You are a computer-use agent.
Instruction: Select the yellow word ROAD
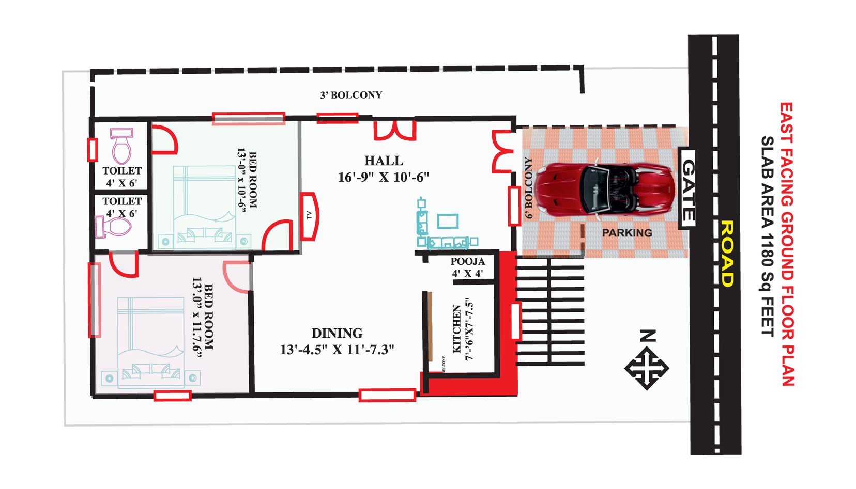tap(726, 254)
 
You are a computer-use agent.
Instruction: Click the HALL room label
tap(384, 161)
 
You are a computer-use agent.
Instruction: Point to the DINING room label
tap(337, 333)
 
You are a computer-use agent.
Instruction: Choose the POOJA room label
tap(467, 261)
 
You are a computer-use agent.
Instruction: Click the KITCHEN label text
tap(457, 329)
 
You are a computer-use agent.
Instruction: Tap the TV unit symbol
tap(309, 216)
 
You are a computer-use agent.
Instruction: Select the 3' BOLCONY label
tap(351, 95)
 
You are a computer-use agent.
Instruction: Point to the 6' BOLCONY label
tap(528, 188)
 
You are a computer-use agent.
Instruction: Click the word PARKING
tap(627, 233)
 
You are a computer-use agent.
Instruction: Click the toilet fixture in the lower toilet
tap(113, 227)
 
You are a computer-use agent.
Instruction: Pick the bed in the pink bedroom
tap(150, 342)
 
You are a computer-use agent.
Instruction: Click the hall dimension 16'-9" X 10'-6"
tap(384, 178)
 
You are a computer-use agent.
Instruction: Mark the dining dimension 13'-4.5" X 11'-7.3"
tap(337, 350)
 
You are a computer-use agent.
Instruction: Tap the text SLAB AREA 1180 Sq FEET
tap(767, 236)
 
